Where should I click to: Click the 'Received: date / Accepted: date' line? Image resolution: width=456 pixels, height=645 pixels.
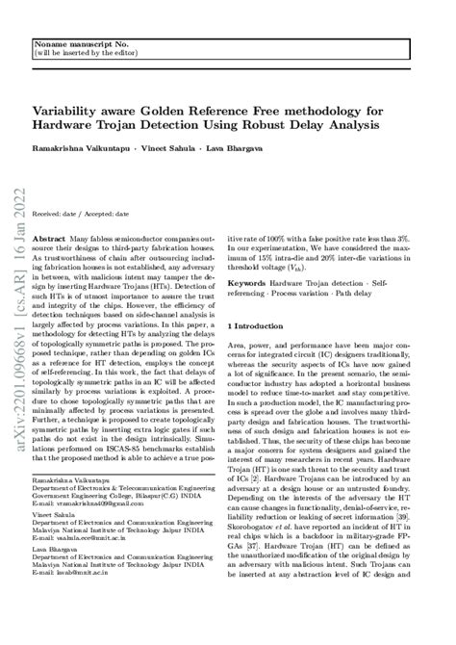point(81,212)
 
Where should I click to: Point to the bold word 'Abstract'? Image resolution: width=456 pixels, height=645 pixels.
point(49,237)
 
